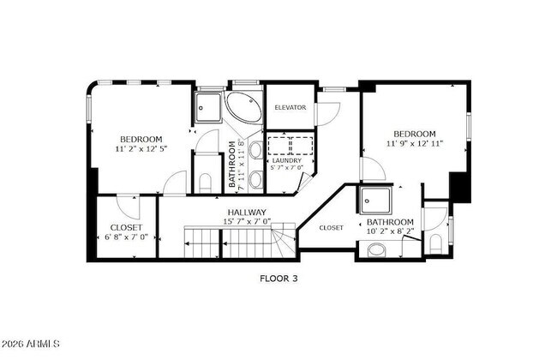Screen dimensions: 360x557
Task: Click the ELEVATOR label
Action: pos(290,107)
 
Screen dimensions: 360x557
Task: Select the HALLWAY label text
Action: pos(247,212)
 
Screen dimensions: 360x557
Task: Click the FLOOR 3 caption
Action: pos(278,278)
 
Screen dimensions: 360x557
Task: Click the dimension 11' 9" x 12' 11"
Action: pos(415,144)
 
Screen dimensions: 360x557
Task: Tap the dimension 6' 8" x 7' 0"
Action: pos(125,237)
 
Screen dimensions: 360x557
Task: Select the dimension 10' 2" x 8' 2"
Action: pos(390,231)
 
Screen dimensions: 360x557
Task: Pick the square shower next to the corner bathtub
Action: pos(208,106)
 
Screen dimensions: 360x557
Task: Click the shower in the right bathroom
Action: pos(374,201)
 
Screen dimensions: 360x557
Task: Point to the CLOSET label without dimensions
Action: pos(331,228)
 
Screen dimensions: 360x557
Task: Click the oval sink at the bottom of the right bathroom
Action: pos(375,251)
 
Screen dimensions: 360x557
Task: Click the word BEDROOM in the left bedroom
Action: pos(141,139)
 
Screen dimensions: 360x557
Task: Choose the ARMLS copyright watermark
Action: pos(31,345)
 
